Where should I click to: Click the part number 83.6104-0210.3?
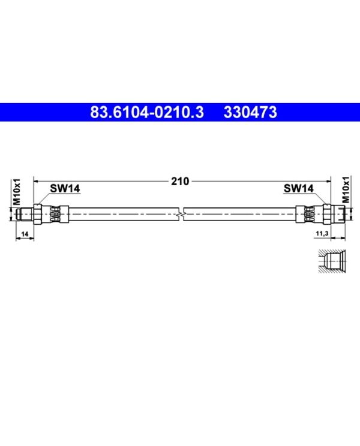[147, 112]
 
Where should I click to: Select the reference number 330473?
[250, 112]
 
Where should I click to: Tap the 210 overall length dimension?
[180, 181]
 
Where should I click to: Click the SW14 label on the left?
[65, 188]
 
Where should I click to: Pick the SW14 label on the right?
[299, 188]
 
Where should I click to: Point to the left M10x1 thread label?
[17, 192]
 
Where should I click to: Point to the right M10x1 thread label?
[346, 189]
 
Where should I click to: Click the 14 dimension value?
[25, 234]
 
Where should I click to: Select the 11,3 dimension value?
[322, 234]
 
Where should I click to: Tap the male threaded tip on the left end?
[25, 214]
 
